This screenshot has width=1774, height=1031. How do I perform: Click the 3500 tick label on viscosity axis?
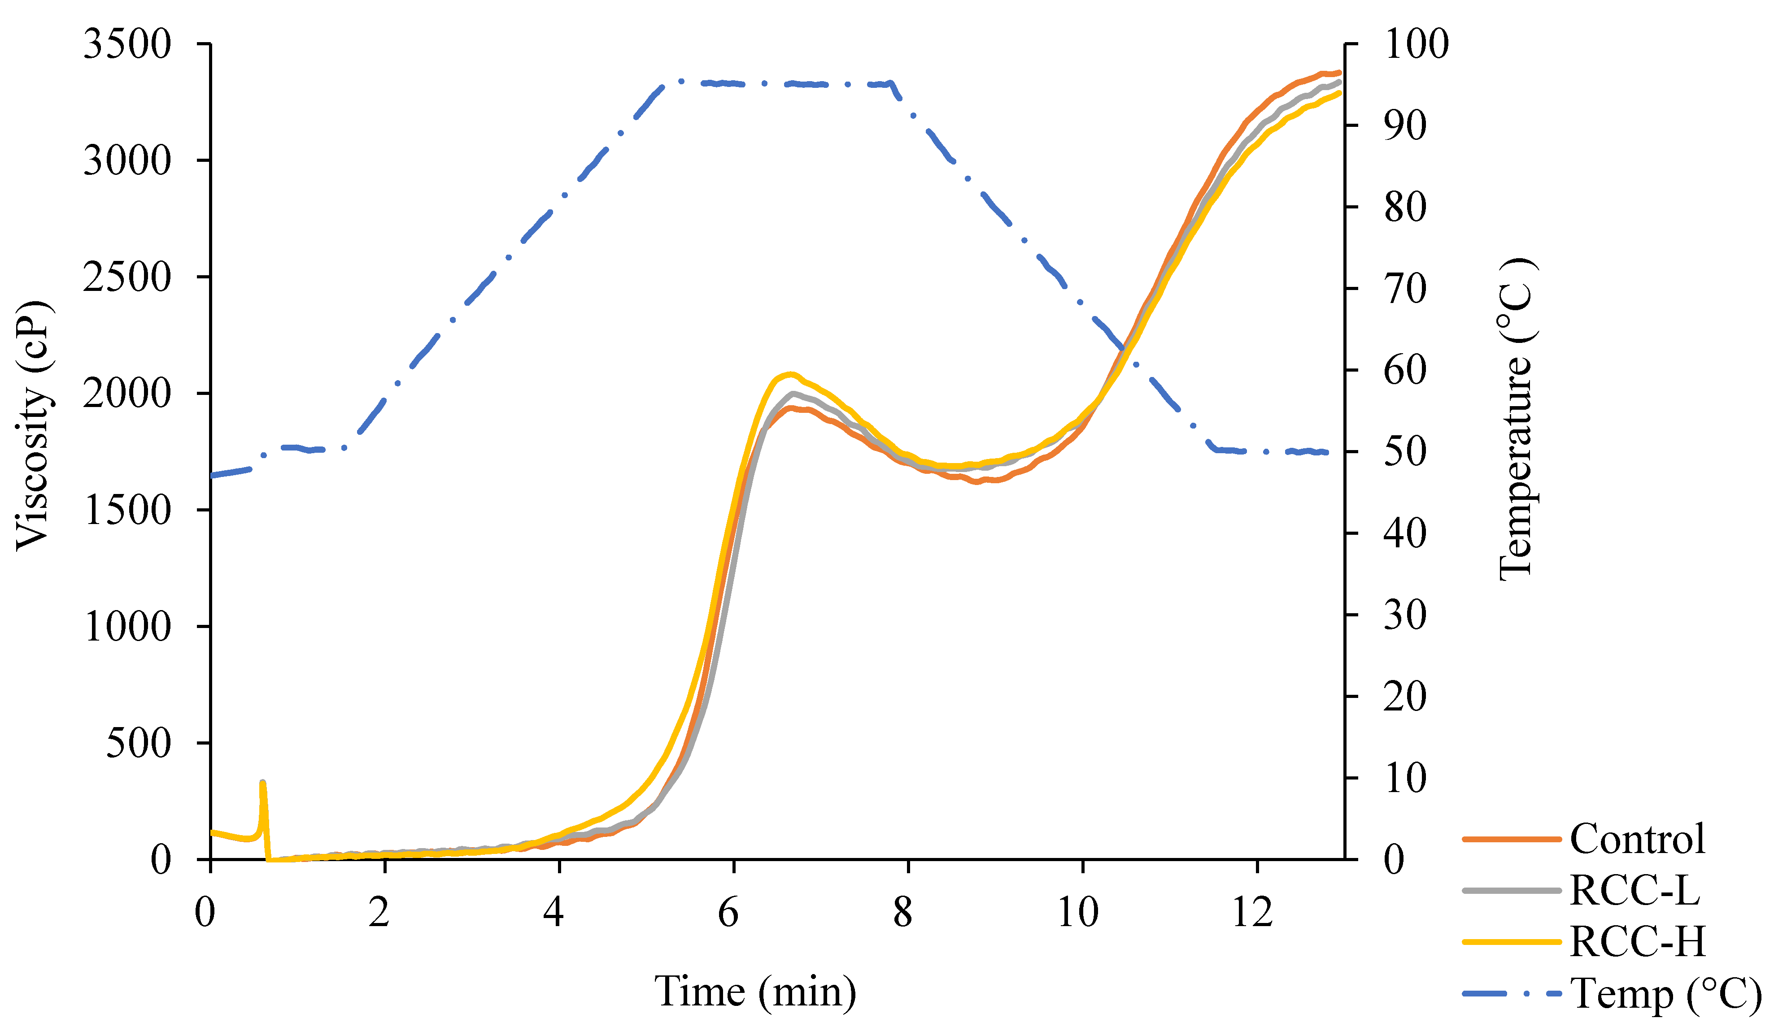pyautogui.click(x=126, y=45)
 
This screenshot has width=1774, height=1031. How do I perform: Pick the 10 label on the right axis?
pyautogui.click(x=1405, y=778)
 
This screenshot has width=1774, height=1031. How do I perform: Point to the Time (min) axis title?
pyautogui.click(x=755, y=992)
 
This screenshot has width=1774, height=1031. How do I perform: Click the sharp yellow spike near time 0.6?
pyautogui.click(x=262, y=783)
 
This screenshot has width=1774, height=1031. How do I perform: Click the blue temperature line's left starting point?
pyautogui.click(x=213, y=476)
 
